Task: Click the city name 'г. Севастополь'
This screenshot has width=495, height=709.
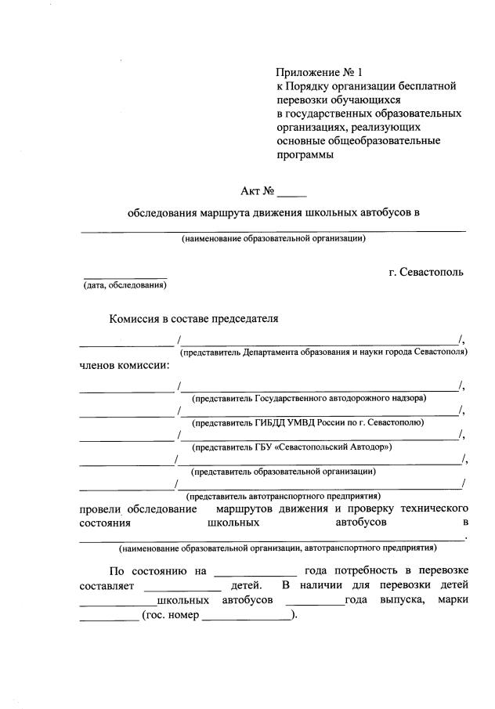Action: pyautogui.click(x=426, y=272)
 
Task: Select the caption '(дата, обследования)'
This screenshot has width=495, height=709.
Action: pyautogui.click(x=125, y=285)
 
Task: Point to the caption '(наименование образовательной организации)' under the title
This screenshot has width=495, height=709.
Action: pyautogui.click(x=273, y=238)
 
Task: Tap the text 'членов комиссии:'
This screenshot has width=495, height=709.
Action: pyautogui.click(x=125, y=365)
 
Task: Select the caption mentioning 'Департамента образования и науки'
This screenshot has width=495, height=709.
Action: pyautogui.click(x=323, y=353)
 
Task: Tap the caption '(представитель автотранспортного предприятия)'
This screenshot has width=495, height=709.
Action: pyautogui.click(x=283, y=496)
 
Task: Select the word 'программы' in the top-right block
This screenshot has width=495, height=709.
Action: pyautogui.click(x=305, y=155)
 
